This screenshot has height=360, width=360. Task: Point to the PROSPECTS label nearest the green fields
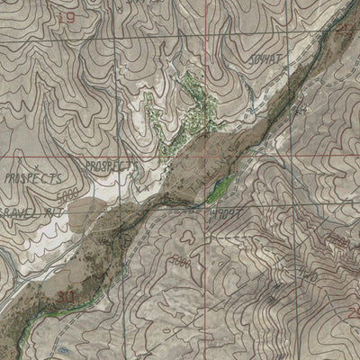(x=108, y=166)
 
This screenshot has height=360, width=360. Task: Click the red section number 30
(x=64, y=294)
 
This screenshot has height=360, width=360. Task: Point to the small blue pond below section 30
(x=63, y=348)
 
